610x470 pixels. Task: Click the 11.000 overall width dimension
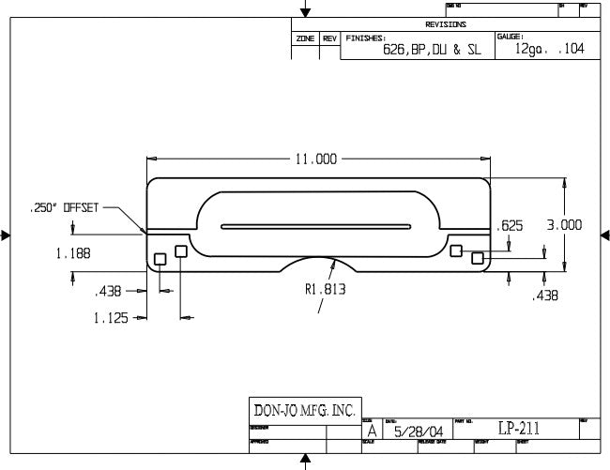pos(316,159)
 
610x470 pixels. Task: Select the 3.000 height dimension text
pos(564,225)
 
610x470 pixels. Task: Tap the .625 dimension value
pos(510,225)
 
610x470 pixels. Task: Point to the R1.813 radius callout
pos(325,290)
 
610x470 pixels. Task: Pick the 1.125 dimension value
pos(111,318)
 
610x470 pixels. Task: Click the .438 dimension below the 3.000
pos(546,296)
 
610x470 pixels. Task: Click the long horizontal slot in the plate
pos(316,226)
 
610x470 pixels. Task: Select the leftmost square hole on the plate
pos(160,258)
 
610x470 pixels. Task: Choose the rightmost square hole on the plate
pos(478,257)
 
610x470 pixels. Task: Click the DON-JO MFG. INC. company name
pos(305,410)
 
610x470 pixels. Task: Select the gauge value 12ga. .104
pos(549,49)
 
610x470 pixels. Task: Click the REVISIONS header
pos(446,24)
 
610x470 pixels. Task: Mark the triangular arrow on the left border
pos(6,235)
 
